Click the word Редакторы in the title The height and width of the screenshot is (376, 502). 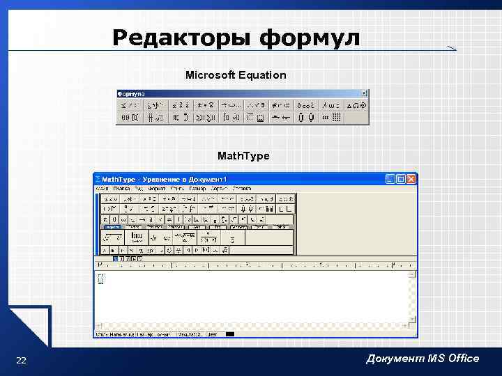click(x=182, y=38)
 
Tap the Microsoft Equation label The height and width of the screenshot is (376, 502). click(x=236, y=75)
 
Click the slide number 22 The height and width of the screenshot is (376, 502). click(x=21, y=360)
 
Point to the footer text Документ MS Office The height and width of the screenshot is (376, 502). click(x=423, y=358)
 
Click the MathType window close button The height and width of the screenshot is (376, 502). click(x=411, y=179)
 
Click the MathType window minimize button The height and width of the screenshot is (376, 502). click(x=390, y=179)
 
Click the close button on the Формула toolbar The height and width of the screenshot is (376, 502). click(x=365, y=93)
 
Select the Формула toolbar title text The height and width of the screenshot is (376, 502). click(x=131, y=93)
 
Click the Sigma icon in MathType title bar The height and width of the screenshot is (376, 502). click(x=98, y=179)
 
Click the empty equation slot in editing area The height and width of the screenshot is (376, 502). click(x=100, y=279)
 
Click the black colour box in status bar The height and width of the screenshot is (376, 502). click(x=230, y=334)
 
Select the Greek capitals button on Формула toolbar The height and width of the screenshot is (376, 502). click(x=356, y=105)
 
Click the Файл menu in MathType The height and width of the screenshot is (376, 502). click(x=102, y=188)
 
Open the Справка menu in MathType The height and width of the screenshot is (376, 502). click(x=242, y=188)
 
